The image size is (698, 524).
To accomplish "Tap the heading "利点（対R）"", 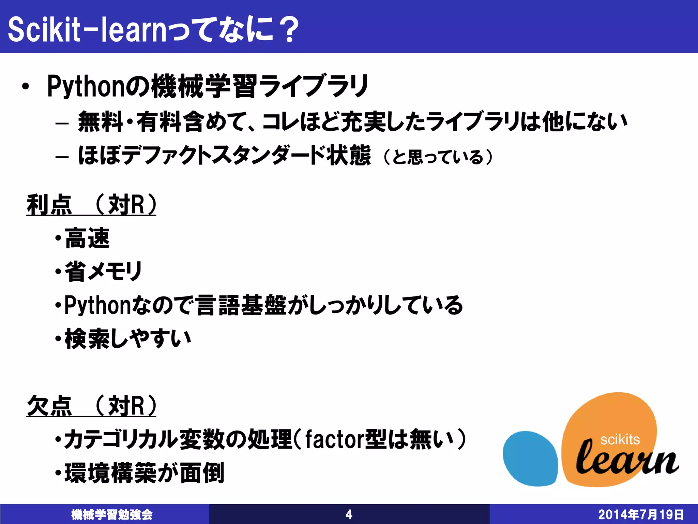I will [91, 205].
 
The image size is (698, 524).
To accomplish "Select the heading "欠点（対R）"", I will [91, 406].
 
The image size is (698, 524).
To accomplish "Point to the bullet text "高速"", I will [87, 238].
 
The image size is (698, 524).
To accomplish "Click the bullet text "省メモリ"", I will [103, 272].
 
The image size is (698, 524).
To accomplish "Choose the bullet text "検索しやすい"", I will [127, 339].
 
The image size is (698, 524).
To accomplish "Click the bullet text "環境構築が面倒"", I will [144, 473].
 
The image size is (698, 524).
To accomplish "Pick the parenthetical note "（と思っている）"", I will [438, 157].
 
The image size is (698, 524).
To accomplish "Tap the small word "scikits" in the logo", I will [620, 440].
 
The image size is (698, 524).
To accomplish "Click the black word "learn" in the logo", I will [626, 459].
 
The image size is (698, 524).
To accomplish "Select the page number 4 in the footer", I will [349, 514].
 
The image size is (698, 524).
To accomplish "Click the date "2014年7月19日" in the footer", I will [641, 514].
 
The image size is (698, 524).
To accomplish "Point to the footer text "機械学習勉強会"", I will [112, 514].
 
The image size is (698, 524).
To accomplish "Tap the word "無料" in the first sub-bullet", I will [100, 122].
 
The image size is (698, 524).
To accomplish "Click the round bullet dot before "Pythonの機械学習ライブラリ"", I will [25, 87].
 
